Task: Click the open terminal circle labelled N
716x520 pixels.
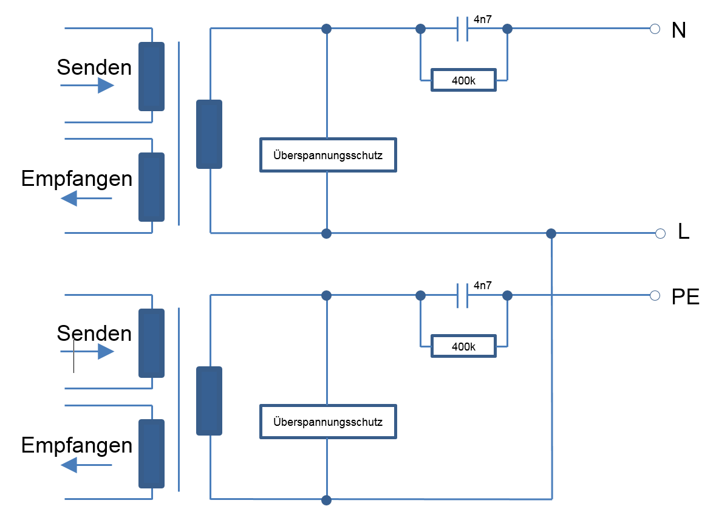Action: tap(655, 29)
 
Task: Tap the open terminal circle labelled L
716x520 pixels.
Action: tap(661, 233)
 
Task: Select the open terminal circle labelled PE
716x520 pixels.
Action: tap(655, 295)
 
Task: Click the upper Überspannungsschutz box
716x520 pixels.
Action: tap(328, 155)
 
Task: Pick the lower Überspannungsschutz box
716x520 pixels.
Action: tap(328, 422)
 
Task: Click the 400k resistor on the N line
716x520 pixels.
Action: tap(463, 80)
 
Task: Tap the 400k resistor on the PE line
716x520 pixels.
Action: tap(463, 347)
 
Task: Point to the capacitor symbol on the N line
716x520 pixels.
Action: tap(462, 29)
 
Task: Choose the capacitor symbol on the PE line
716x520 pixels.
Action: tap(462, 295)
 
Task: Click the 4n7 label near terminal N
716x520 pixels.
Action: tap(482, 19)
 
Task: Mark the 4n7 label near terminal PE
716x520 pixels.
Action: tap(482, 285)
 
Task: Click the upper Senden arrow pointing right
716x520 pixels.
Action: tap(87, 86)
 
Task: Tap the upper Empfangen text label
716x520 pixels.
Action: tap(77, 179)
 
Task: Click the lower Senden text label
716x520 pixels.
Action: tap(94, 333)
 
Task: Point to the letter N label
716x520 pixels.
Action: tap(678, 30)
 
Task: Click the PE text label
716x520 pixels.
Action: tap(686, 298)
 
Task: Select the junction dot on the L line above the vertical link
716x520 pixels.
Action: tap(551, 233)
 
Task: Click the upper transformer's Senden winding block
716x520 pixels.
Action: tap(151, 77)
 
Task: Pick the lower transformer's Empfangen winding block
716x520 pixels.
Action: tap(151, 453)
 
